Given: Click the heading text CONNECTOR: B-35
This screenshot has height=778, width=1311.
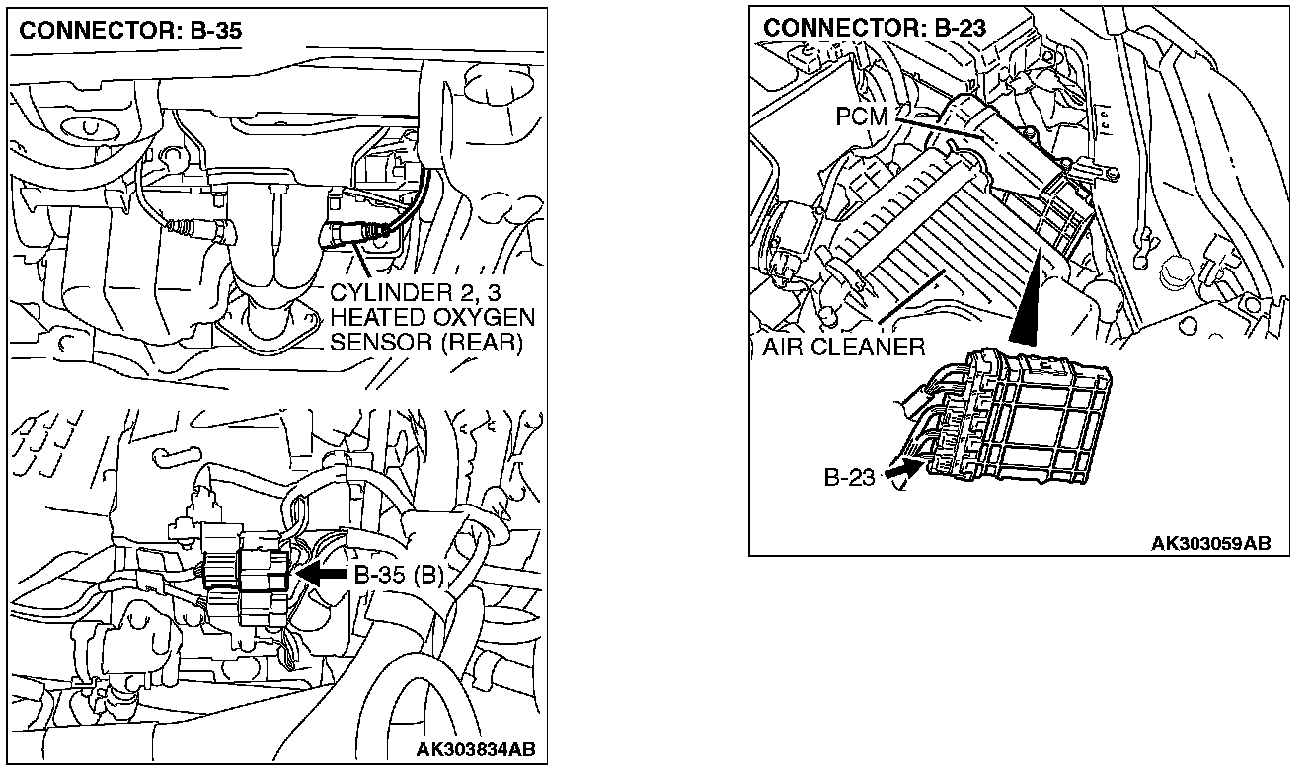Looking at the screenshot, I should click(130, 31).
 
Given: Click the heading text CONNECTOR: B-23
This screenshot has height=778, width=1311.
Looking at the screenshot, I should click(875, 28).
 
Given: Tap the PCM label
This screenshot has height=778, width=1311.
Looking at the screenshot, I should click(861, 117).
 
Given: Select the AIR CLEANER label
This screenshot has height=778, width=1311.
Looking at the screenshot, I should click(843, 347).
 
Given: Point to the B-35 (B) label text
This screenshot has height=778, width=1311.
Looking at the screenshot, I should click(398, 575).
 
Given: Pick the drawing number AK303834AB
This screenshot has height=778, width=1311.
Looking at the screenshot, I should click(476, 749).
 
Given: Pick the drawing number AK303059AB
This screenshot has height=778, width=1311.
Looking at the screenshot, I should click(1210, 543).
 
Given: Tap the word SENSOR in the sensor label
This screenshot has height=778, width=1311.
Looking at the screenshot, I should click(380, 342).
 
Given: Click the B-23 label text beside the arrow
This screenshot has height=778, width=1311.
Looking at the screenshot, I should click(849, 478).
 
